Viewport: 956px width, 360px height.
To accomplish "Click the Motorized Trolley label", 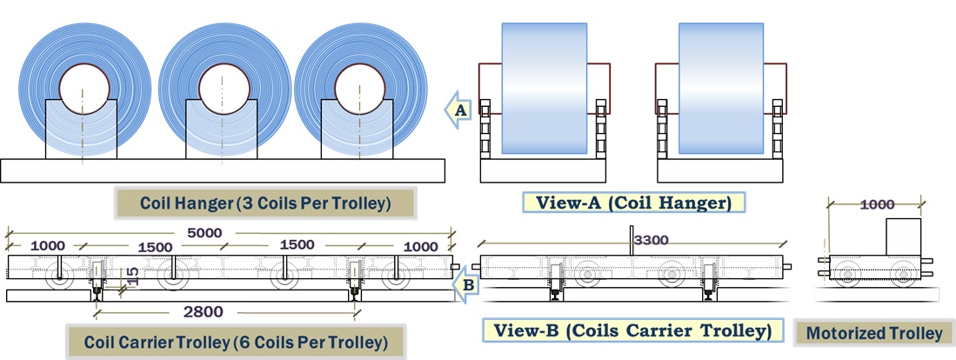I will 874,333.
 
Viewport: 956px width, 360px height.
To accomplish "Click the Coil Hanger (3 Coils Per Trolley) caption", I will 265,204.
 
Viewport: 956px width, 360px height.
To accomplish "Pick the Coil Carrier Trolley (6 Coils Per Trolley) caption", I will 235,340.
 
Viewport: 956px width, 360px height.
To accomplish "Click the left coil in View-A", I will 544,87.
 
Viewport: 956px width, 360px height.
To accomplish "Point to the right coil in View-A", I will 720,87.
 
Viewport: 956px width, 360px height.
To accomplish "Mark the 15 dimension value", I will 130,277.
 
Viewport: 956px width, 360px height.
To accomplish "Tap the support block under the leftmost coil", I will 81,130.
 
